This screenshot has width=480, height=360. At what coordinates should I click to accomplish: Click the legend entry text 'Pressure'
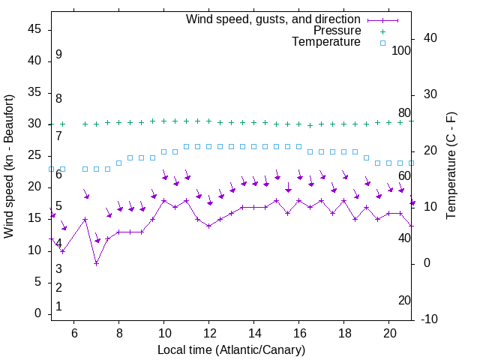337,31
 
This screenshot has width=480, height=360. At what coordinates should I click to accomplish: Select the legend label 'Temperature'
326,42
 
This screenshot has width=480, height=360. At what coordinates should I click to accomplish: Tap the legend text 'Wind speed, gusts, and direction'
274,19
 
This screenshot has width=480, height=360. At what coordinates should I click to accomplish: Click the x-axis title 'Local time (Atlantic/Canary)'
231,350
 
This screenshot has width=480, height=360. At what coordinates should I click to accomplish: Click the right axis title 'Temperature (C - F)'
451,166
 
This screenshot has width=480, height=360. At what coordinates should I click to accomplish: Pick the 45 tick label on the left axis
34,29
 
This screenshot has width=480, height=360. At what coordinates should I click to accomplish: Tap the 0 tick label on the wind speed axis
37,313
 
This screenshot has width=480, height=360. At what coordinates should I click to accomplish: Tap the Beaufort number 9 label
58,55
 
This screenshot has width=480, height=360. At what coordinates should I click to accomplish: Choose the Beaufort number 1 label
58,307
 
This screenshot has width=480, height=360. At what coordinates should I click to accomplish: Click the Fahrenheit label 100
401,51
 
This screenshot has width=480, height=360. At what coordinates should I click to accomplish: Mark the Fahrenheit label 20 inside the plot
404,301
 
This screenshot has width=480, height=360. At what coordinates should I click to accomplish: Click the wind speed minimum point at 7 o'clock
96,263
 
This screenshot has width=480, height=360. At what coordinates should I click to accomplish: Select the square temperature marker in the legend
382,43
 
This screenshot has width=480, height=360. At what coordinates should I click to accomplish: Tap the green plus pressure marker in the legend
382,31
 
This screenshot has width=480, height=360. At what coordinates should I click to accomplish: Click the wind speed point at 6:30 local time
85,220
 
